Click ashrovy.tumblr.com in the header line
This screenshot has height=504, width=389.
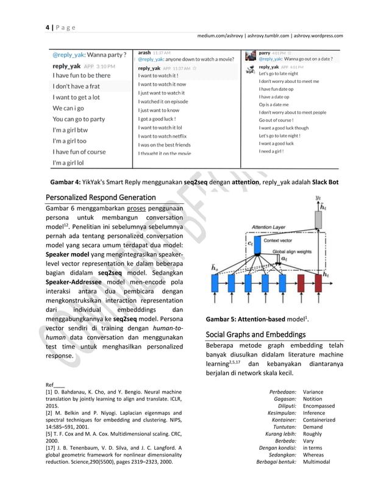pyautogui.click(x=270, y=35)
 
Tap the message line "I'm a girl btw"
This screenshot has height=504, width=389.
pyautogui.click(x=70, y=130)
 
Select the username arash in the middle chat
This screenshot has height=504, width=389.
pyautogui.click(x=145, y=52)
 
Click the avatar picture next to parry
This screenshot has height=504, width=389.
pyautogui.click(x=250, y=56)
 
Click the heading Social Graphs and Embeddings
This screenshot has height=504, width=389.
pyautogui.click(x=255, y=334)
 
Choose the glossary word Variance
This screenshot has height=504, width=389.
pyautogui.click(x=313, y=392)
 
